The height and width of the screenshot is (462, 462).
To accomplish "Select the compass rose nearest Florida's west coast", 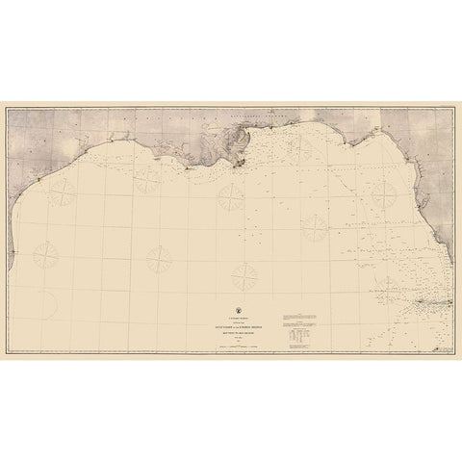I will [314, 227].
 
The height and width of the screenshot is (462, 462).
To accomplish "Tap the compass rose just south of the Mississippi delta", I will [231, 196].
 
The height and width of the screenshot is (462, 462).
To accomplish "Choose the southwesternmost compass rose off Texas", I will [45, 255].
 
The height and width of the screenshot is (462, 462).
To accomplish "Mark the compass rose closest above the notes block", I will [314, 227].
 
